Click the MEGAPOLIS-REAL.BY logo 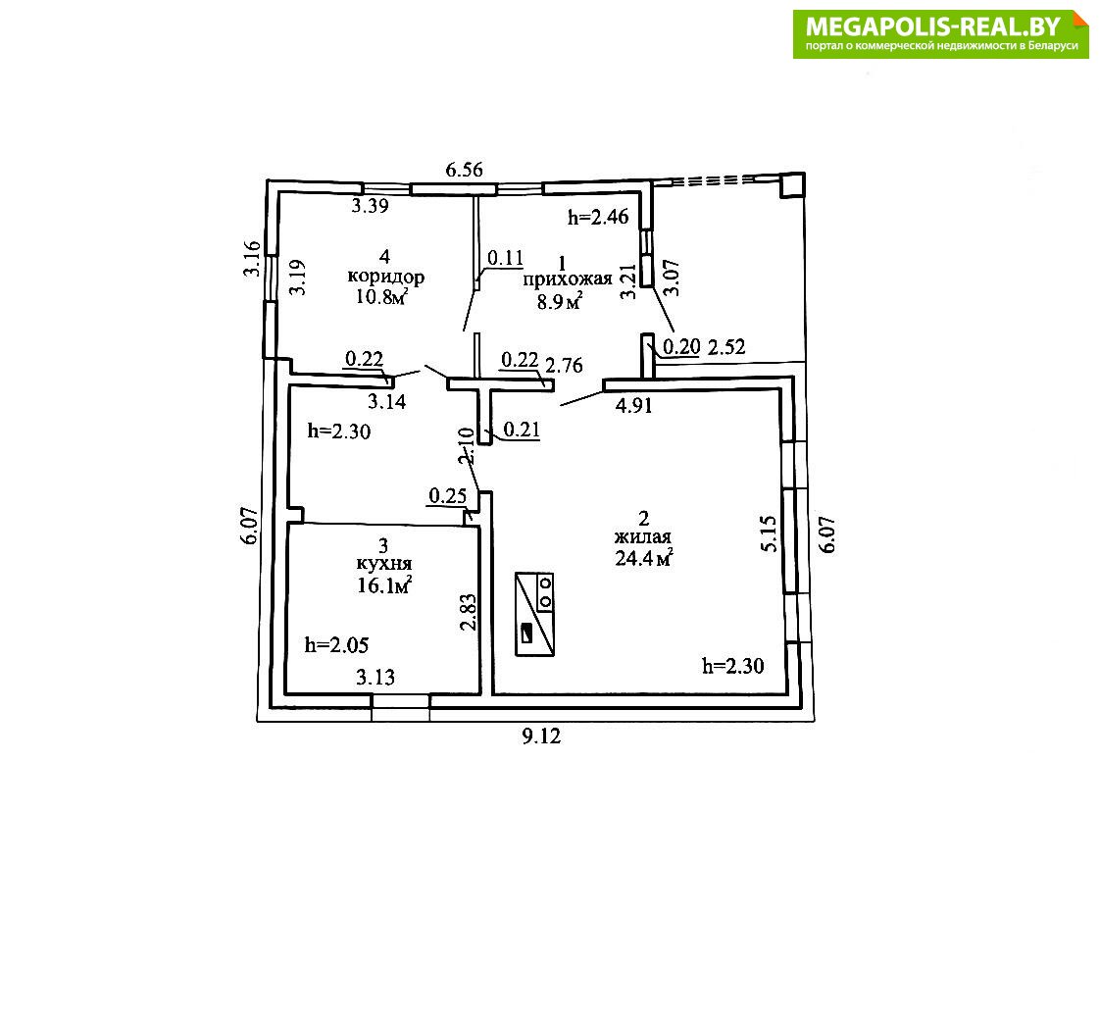940,33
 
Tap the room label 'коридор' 385,277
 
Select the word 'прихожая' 567,279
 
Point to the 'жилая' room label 643,537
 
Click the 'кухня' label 383,564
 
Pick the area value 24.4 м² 644,558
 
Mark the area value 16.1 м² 384,584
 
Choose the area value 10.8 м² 382,296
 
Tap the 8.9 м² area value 560,301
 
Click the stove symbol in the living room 534,614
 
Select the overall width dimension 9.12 541,736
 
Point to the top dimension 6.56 464,170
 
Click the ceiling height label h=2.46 598,218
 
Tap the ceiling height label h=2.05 336,645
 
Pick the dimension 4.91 633,405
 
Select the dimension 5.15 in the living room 770,534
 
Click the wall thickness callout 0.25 447,496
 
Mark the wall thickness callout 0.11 505,258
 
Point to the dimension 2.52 726,347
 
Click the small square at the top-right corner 793,185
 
